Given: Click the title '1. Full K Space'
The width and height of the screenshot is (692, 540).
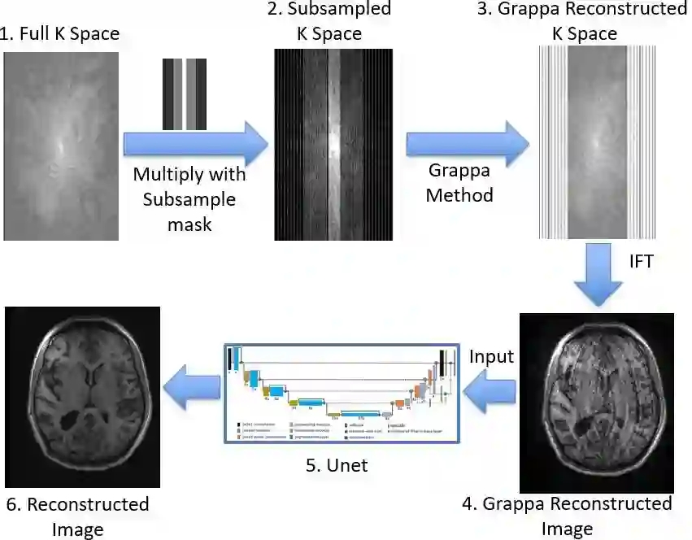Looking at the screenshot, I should [61, 34].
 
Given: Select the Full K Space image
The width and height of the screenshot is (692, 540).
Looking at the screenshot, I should [61, 146].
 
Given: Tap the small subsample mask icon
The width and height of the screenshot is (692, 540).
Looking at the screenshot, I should [184, 94].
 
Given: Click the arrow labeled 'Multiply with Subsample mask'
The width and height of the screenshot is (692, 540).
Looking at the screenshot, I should [195, 145].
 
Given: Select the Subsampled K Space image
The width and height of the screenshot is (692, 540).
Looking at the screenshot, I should [333, 145].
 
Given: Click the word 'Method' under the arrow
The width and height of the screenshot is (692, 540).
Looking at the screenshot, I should [459, 196].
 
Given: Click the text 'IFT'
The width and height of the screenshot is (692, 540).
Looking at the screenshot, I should [642, 262].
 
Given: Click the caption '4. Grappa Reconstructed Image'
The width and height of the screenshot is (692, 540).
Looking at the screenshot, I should [568, 516].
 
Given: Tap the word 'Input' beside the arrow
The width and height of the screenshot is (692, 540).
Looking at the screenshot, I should [491, 356].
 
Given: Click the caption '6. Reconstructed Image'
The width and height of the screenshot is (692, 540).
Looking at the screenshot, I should [77, 516].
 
